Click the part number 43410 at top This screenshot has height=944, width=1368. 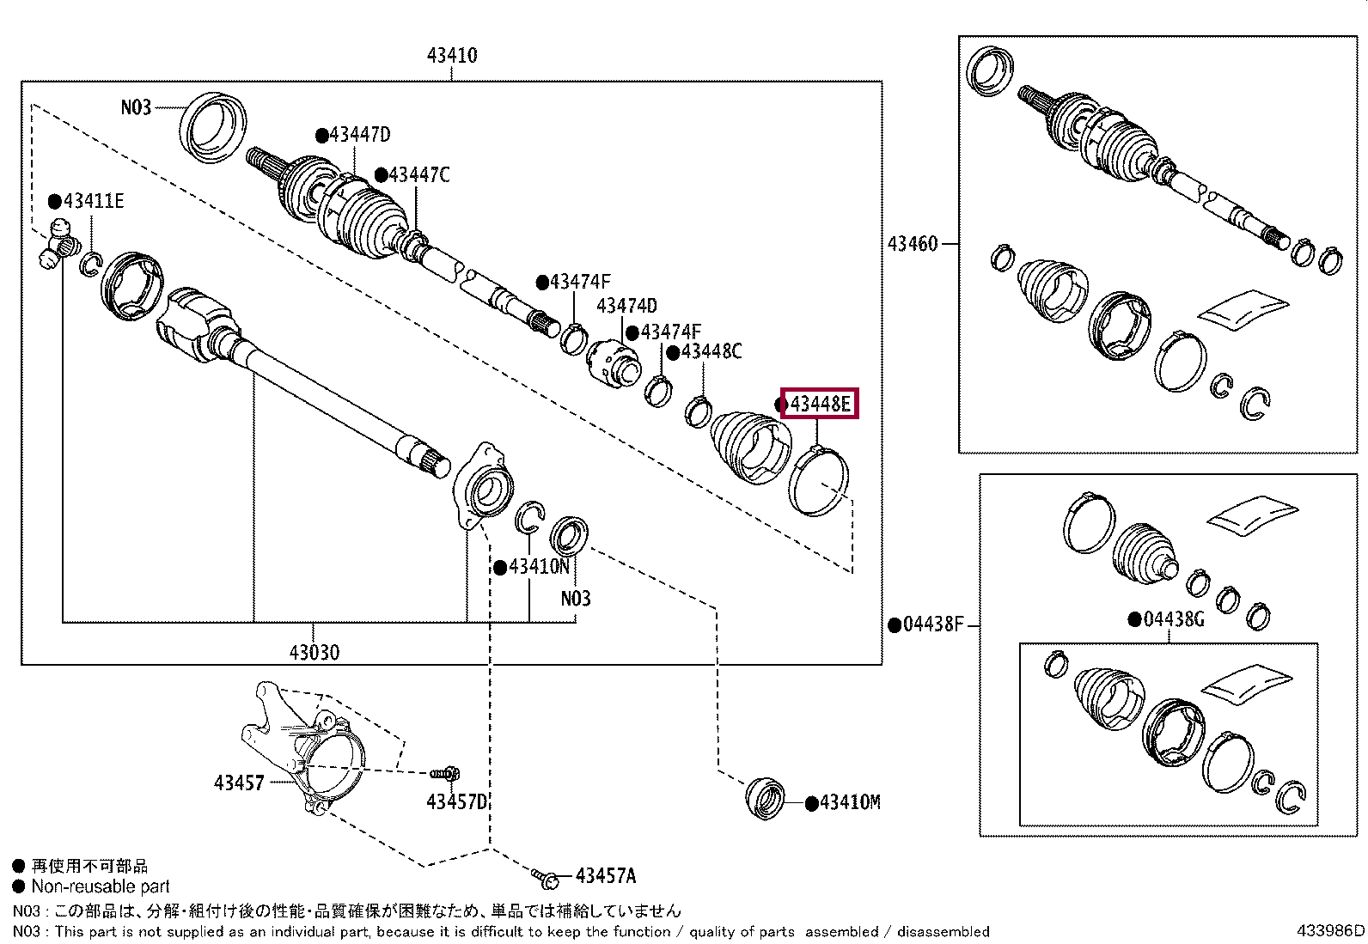click(452, 56)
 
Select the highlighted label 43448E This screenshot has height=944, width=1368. click(820, 404)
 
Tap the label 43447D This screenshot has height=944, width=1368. click(359, 134)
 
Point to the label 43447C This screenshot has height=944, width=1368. click(419, 175)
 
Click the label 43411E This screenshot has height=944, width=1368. click(94, 201)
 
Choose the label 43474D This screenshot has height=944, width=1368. click(626, 305)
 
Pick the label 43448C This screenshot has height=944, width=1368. click(711, 351)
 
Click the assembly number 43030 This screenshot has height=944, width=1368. click(314, 653)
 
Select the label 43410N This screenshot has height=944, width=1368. click(539, 567)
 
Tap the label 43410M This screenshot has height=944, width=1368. click(850, 802)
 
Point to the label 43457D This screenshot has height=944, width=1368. click(457, 801)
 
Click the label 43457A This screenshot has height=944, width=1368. click(606, 876)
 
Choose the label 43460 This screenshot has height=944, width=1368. click(913, 244)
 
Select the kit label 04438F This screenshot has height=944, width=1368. click(933, 624)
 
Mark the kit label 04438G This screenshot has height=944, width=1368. click(1174, 620)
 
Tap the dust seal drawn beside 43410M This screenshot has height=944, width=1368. click(766, 797)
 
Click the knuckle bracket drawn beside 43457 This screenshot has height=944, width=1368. click(303, 748)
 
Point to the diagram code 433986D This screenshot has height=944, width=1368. click(1331, 930)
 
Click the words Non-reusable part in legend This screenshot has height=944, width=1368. click(101, 886)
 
